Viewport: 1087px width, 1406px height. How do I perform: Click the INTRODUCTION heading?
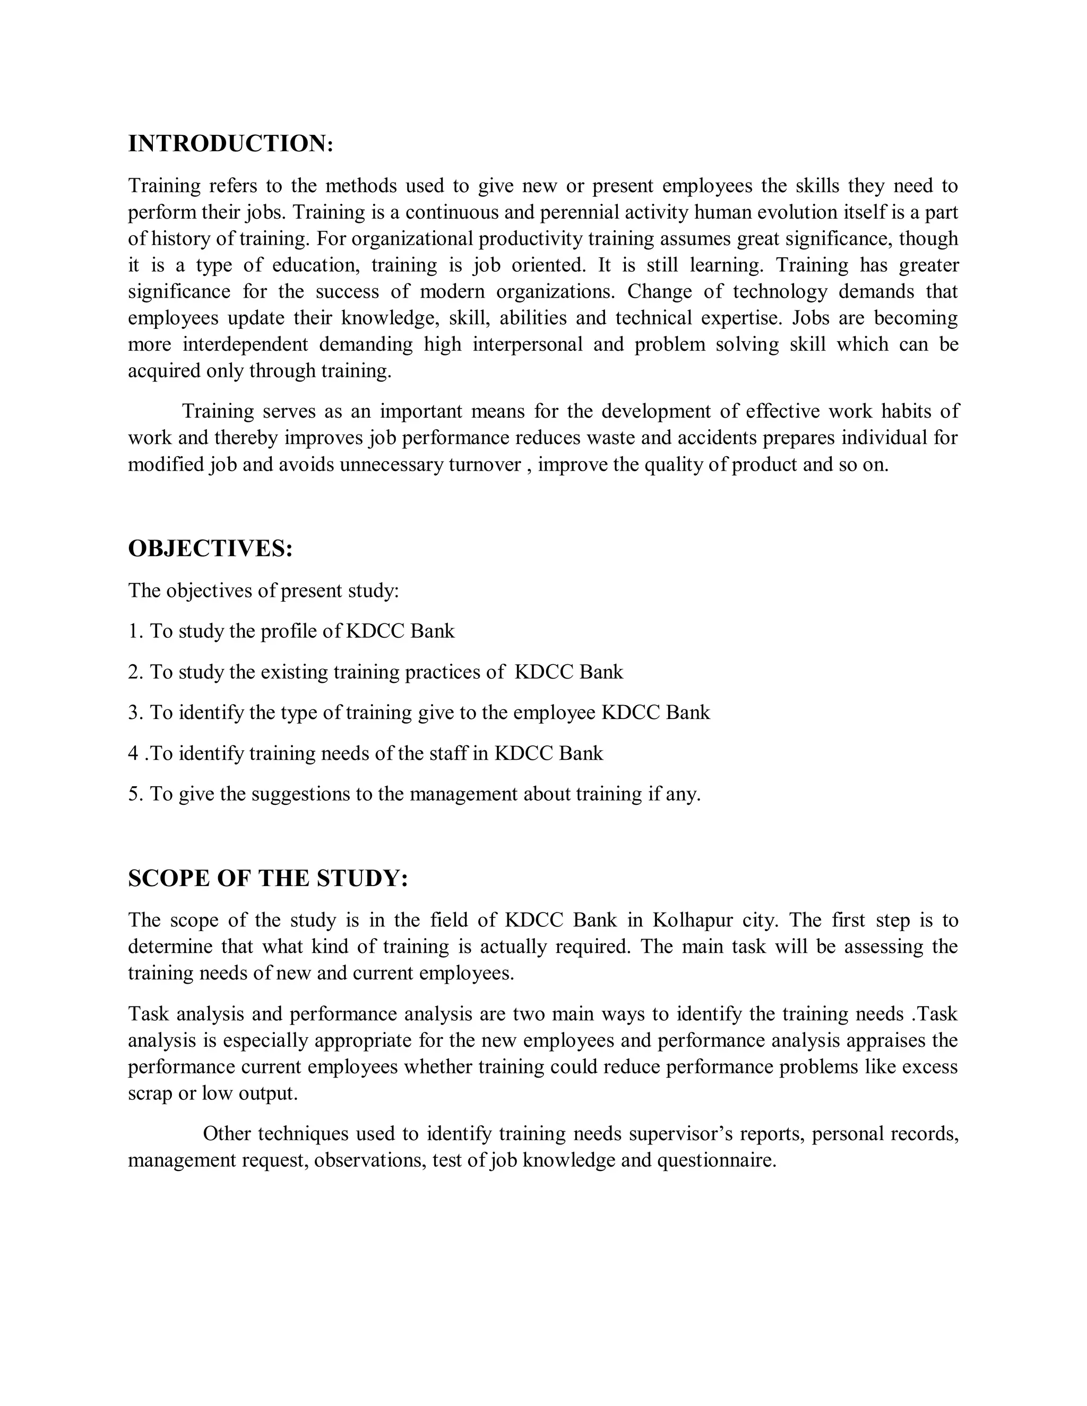coord(230,144)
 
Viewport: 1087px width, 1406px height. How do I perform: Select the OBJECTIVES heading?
coord(211,549)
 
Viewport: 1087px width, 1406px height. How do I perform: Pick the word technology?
coord(780,292)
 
